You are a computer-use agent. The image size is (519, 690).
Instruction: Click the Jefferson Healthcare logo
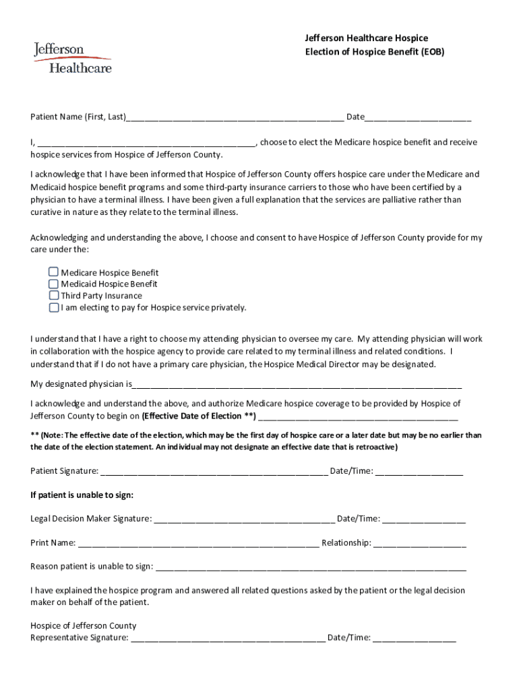pyautogui.click(x=72, y=57)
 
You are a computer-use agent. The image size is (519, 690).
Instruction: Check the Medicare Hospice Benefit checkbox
pyautogui.click(x=54, y=272)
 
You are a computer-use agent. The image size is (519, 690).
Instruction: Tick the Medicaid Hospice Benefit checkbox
pyautogui.click(x=54, y=284)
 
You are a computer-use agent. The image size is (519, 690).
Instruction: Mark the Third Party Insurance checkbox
pyautogui.click(x=54, y=295)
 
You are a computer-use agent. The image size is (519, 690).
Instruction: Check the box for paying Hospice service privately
pyautogui.click(x=54, y=307)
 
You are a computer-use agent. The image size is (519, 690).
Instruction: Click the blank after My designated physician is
pyautogui.click(x=297, y=385)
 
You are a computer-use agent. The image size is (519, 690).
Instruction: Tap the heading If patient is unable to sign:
pyautogui.click(x=82, y=495)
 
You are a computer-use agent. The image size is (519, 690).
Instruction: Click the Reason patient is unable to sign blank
pyautogui.click(x=310, y=567)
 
